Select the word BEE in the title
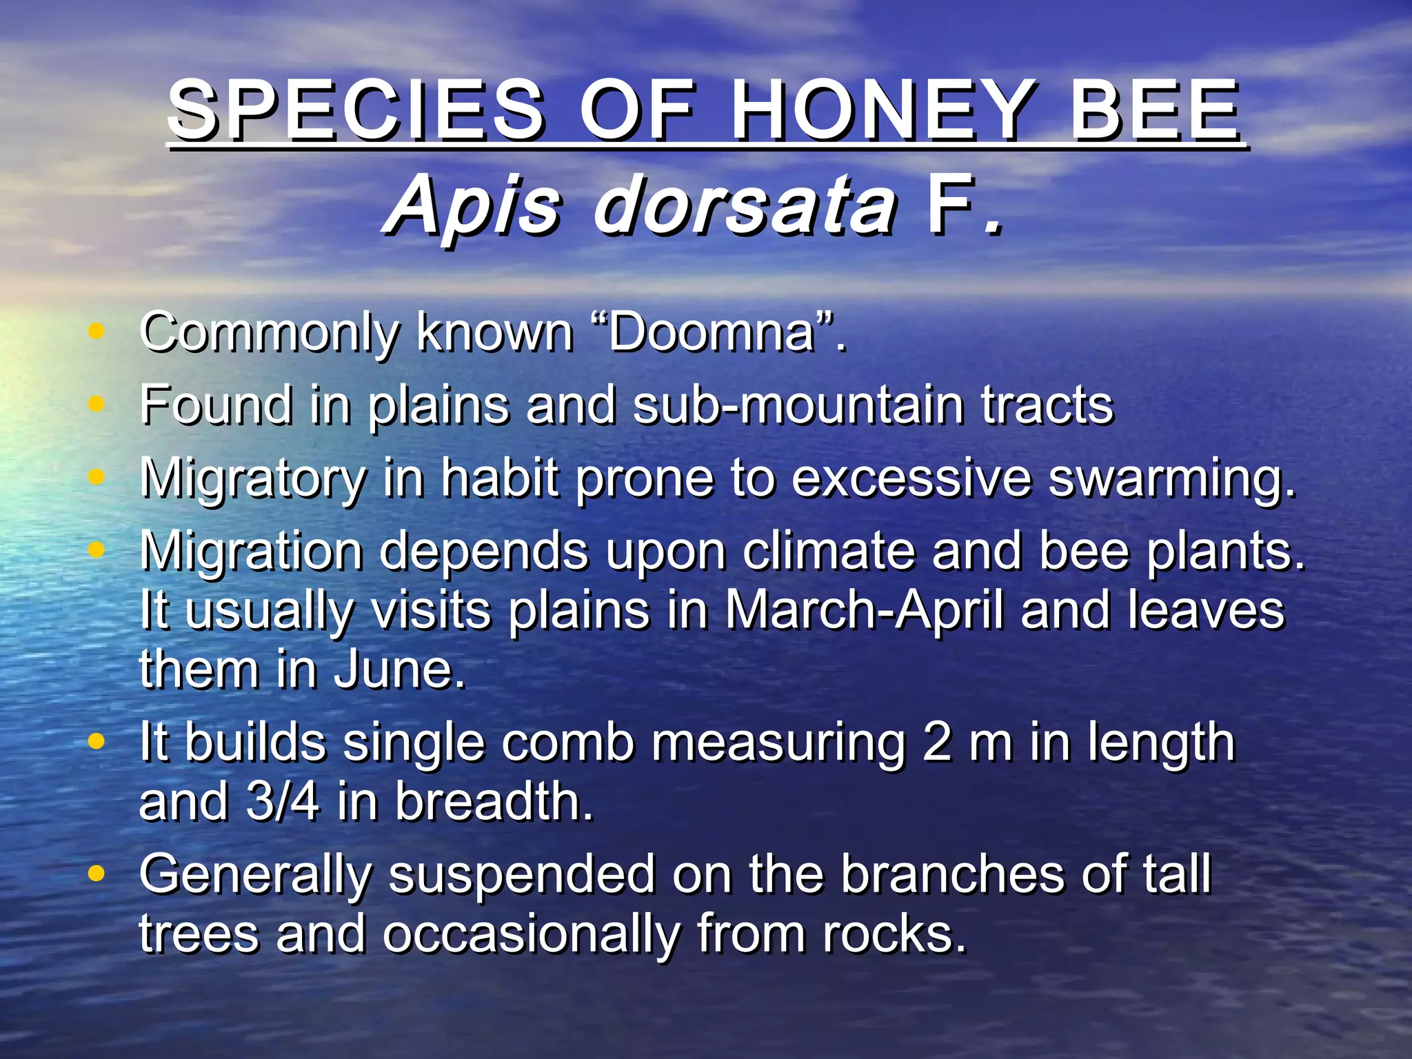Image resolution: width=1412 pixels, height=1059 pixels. (1155, 110)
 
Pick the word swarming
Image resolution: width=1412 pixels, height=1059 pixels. (1171, 478)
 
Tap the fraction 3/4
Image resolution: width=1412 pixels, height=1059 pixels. (283, 802)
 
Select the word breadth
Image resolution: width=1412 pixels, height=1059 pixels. (494, 802)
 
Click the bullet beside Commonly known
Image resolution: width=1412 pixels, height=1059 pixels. (97, 331)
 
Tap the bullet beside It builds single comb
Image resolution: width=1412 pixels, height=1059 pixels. (97, 742)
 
